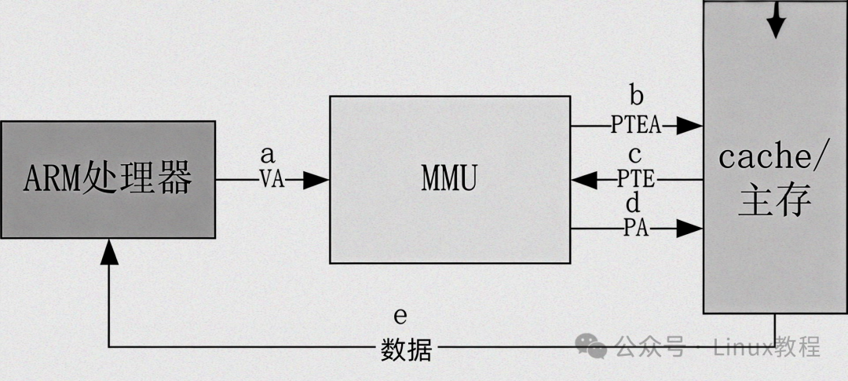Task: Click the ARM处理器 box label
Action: tap(108, 179)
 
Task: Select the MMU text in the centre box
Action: tap(449, 180)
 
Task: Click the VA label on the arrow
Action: tap(272, 180)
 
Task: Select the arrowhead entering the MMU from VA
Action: tap(316, 180)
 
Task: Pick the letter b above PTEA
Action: tap(636, 97)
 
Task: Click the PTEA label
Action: tap(636, 124)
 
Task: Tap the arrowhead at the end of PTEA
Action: tap(689, 124)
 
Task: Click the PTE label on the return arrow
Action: tap(635, 180)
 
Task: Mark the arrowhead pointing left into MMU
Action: tap(584, 180)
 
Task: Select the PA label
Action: tap(635, 229)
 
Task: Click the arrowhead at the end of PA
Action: tap(689, 229)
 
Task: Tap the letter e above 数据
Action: tap(400, 317)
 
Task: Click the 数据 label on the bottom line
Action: tap(406, 348)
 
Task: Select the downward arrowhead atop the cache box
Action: tap(776, 27)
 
